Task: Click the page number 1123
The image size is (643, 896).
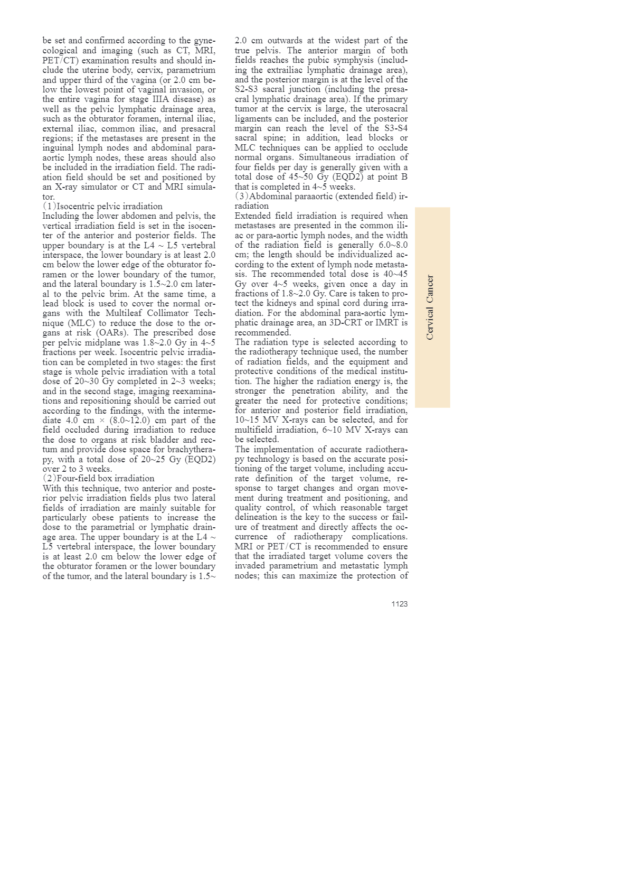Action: tap(399, 604)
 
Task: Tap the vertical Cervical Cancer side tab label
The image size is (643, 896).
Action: tap(430, 307)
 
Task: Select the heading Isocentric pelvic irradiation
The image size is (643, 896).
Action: tap(109, 206)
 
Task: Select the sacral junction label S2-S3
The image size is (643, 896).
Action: tap(247, 89)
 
